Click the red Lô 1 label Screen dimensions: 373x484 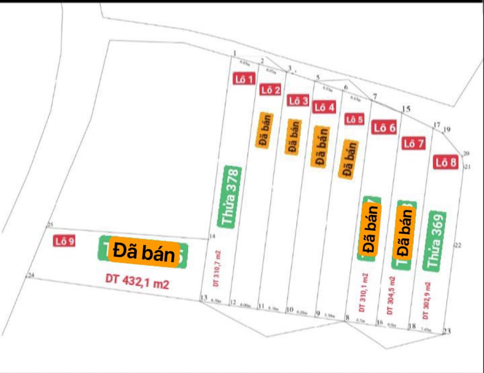point(244,79)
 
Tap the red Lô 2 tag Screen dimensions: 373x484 point(270,90)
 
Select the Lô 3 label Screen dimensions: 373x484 point(298,100)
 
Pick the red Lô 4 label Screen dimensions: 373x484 point(324,107)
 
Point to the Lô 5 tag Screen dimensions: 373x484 point(354,119)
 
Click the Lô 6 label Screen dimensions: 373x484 point(384,127)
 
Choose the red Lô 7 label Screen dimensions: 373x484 point(414,144)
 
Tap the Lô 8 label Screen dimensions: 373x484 point(446,163)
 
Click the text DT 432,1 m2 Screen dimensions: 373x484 point(137,282)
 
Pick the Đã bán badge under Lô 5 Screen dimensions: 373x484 point(348,158)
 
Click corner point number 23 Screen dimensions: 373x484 point(447,331)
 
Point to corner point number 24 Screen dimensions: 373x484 point(32,275)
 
